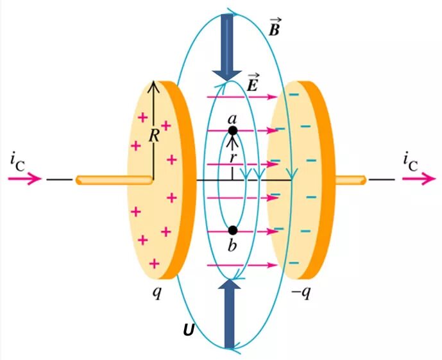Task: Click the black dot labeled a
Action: coord(233,130)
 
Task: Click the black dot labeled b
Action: coord(233,230)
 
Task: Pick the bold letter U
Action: coord(188,330)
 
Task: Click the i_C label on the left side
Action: coord(17,160)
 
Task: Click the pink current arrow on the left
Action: coord(26,179)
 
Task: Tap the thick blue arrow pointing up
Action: coord(228,314)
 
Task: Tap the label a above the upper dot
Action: coord(233,118)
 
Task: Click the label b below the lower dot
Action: coord(233,244)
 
